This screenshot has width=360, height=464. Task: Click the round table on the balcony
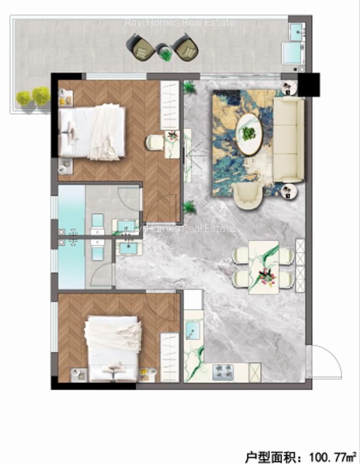[165, 52]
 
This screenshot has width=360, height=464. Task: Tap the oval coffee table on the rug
[249, 134]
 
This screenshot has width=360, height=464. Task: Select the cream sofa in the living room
[288, 139]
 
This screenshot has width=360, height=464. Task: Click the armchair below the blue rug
[249, 196]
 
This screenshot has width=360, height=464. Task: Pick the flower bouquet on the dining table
[266, 277]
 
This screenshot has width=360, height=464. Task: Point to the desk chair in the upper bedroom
[154, 142]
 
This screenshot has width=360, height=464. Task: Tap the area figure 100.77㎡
[333, 456]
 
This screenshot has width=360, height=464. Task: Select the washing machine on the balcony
[292, 53]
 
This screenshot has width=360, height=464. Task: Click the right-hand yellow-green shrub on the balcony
[41, 96]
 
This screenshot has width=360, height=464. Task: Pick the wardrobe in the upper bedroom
[169, 105]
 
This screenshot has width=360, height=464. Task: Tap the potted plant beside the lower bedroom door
[190, 207]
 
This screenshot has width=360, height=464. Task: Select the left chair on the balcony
[140, 47]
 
